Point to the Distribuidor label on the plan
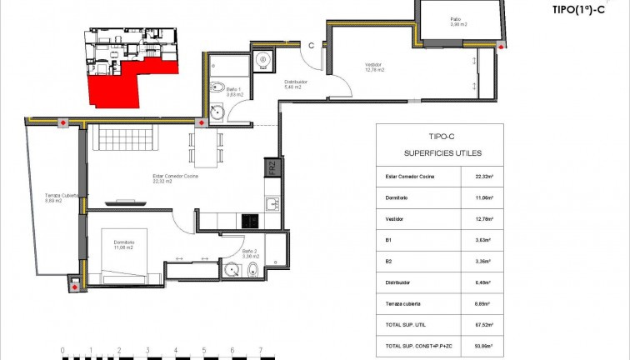tap(297, 84)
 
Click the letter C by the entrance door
tap(310, 46)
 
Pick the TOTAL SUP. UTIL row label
tap(406, 325)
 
